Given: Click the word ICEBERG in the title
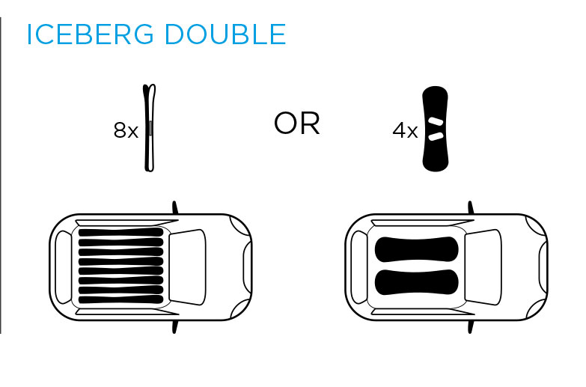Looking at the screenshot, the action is coord(90,34).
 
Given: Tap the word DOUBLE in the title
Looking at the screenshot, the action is coord(225,34).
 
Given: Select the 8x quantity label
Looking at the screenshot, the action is coord(126,130).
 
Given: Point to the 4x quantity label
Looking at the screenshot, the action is coord(405,131).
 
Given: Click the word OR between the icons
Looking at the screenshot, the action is coord(297,124).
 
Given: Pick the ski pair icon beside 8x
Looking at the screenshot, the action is coord(149,128).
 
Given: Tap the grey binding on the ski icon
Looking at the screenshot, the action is coord(150,128).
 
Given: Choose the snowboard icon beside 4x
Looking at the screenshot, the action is coord(436,129).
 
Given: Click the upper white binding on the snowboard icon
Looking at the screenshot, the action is coord(436,122).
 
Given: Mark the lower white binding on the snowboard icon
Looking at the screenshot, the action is coord(436,136).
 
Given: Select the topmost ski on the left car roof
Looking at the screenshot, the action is coord(121,232).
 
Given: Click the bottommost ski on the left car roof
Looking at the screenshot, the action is coord(121,299).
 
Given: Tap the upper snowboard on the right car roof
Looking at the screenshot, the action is coord(416,249).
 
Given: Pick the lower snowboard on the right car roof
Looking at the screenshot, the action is coord(416,282).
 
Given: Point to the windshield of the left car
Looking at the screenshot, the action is coord(187,267).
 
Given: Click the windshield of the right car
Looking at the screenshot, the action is coord(483,267).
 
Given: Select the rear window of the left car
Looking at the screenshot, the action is coord(63,267).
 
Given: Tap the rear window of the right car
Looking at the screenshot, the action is coord(359,267).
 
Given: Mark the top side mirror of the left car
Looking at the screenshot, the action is coord(174,207).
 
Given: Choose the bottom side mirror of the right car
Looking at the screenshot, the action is coord(470,326).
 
